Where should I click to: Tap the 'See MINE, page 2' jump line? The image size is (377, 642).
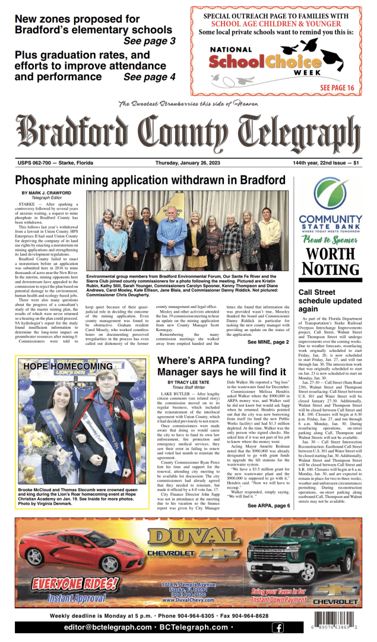(268, 343)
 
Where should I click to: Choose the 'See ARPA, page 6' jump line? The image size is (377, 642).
(268, 506)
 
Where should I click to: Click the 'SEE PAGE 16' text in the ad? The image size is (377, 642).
(337, 88)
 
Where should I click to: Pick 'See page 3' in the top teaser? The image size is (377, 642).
(149, 41)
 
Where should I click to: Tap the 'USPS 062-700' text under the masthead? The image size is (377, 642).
(36, 163)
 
